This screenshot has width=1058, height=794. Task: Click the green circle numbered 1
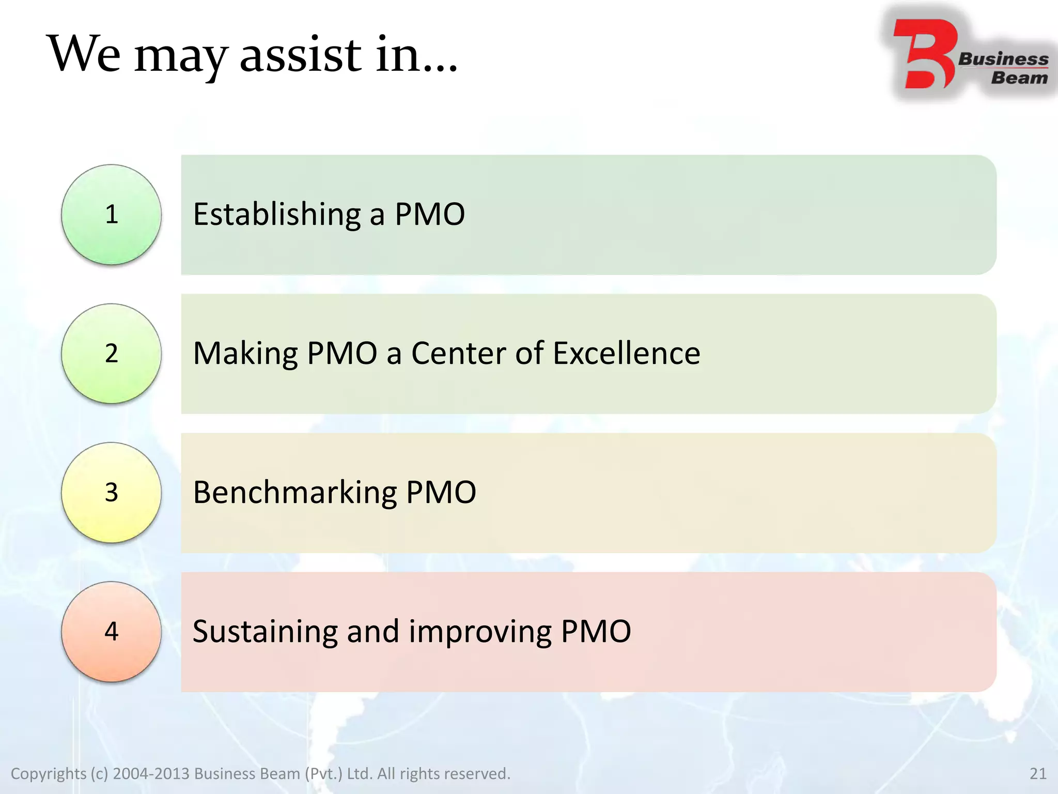coord(111,215)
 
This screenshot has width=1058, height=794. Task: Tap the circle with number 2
coord(111,354)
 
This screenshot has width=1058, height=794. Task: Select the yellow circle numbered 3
coord(111,493)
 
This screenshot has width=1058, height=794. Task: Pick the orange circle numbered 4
coord(111,632)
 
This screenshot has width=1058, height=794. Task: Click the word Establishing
coord(277,215)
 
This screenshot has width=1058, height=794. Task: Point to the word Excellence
coord(626,354)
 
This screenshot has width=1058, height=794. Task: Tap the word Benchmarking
coord(294,493)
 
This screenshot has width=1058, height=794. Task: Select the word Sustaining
coord(264,632)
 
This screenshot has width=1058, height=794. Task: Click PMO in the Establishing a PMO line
coord(430,215)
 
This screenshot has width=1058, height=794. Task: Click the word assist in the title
coord(301,54)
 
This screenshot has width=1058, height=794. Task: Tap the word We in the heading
coord(84,54)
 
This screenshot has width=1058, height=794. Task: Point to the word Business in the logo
coord(1003,59)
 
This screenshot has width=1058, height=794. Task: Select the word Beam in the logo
coord(1019,78)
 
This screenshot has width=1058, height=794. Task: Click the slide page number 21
coord(1038,773)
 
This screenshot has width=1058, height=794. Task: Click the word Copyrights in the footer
coord(49,773)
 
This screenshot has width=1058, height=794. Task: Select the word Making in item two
coord(245,354)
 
